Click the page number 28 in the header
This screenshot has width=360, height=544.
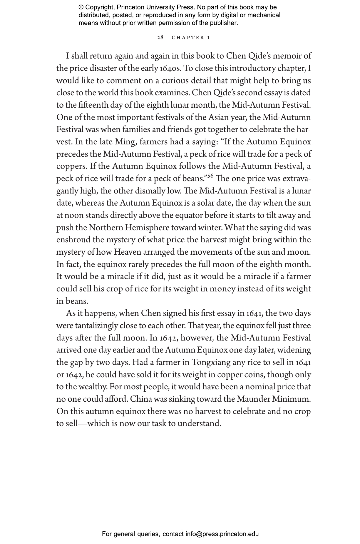point(160,37)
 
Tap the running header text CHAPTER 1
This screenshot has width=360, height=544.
point(191,37)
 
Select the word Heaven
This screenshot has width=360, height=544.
point(127,252)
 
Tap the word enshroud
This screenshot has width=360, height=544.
point(73,240)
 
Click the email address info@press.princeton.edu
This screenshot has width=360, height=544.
point(222,534)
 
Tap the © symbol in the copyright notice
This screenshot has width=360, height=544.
point(81,7)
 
